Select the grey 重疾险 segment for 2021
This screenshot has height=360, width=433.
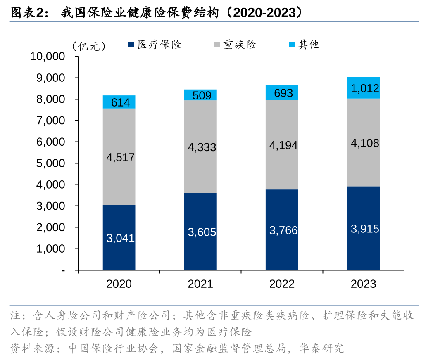(200, 165)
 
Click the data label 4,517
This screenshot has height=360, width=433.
(120, 157)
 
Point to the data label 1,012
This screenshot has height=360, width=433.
(365, 88)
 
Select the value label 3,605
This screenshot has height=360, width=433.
(202, 232)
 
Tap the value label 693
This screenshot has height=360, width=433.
(283, 93)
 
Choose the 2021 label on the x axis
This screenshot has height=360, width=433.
(200, 284)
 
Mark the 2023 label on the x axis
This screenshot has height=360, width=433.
(363, 284)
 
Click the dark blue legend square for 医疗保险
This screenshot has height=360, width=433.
(131, 45)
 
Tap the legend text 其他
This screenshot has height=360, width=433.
(309, 45)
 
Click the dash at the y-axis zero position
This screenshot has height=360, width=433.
(63, 270)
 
